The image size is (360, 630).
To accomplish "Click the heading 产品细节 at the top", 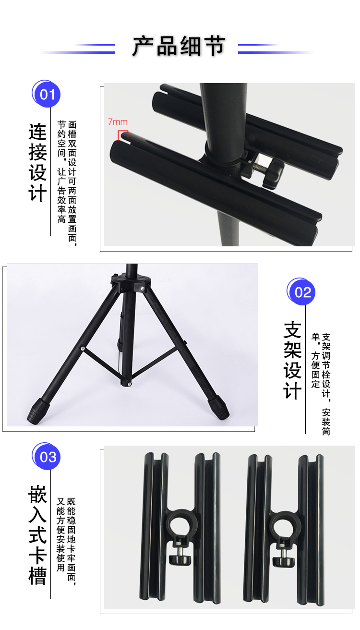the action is (179, 47).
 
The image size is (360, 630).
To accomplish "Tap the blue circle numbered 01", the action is (47, 94).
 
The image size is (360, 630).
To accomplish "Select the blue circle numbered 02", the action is (302, 291).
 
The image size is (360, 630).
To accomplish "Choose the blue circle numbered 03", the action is (47, 457).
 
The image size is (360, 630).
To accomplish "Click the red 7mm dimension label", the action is (118, 122).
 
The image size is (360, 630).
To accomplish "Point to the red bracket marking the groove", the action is (123, 135).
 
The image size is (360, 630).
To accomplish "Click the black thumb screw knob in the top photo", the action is (273, 173).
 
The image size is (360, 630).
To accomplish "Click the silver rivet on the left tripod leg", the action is (83, 349).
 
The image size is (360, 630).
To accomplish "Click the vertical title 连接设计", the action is (38, 162).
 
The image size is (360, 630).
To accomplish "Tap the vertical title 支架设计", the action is (292, 360).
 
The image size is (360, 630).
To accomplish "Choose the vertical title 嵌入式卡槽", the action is (38, 535).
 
